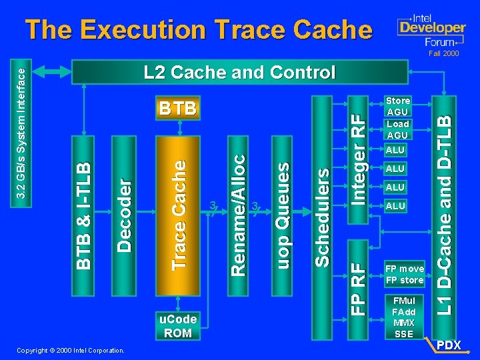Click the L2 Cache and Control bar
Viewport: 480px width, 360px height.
(240, 72)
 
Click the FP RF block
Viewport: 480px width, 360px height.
(358, 280)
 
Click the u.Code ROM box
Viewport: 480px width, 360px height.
(178, 326)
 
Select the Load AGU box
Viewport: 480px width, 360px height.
(398, 129)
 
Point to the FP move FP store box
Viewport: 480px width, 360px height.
(405, 275)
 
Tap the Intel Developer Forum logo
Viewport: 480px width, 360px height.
(431, 29)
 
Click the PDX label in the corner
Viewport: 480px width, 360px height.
(449, 345)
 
